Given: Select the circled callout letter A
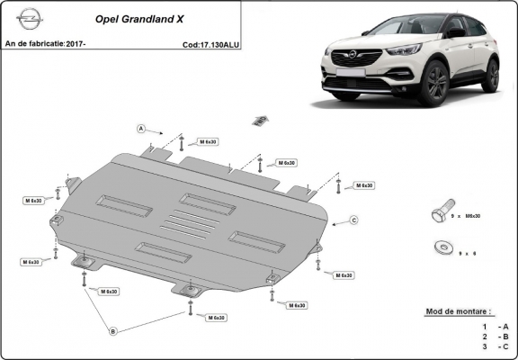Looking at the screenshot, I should click(x=141, y=129).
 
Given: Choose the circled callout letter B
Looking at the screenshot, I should click(x=113, y=332).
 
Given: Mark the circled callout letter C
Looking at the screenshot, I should click(x=353, y=220).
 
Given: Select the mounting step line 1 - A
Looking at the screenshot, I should click(x=495, y=325).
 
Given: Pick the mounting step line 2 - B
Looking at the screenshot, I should click(x=495, y=335).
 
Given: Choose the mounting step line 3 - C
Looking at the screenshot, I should click(x=495, y=346).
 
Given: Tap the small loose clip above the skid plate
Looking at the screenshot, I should click(x=260, y=119).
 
